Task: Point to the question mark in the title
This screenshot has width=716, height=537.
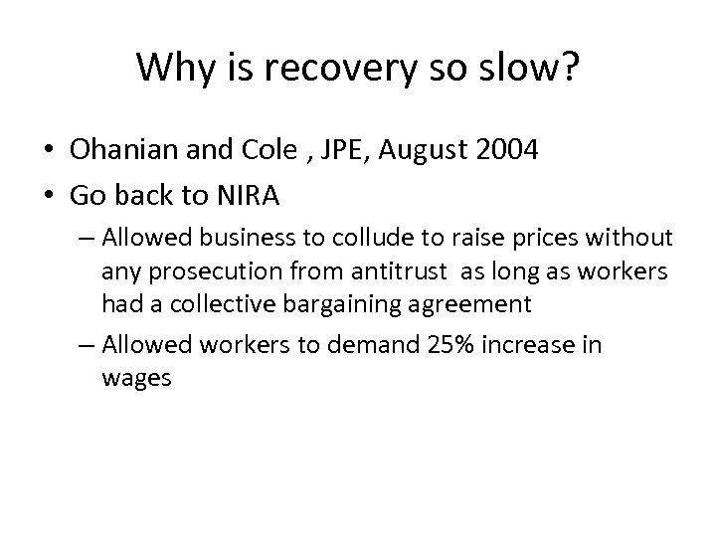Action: [x=568, y=68]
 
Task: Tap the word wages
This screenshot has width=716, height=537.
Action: [x=136, y=379]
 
